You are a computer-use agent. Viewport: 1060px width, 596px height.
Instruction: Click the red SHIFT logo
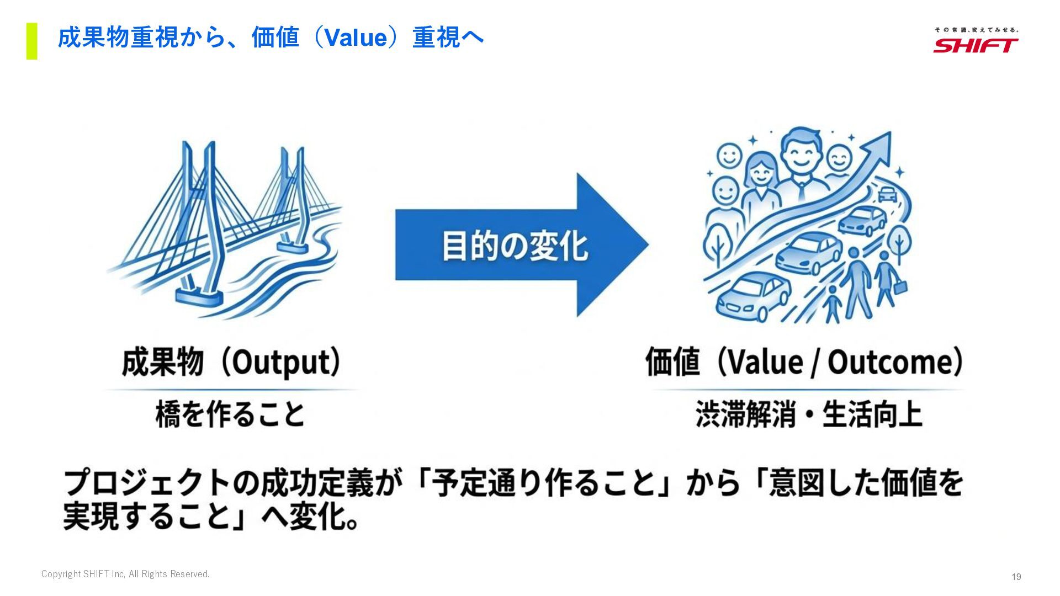pos(976,45)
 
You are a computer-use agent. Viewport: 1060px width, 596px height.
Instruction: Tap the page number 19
pos(1016,577)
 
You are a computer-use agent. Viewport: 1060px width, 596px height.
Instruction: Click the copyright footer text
pos(125,574)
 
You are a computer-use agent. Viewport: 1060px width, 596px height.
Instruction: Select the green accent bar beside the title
pos(32,41)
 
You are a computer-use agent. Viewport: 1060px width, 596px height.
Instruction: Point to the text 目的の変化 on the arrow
pos(515,246)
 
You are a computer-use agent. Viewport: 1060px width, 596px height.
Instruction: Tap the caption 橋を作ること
pos(230,414)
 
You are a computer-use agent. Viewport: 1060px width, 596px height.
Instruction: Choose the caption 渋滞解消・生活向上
pos(808,414)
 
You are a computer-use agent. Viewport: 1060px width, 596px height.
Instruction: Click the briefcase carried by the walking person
pos(900,288)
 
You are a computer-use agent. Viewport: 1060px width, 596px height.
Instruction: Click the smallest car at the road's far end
pos(887,194)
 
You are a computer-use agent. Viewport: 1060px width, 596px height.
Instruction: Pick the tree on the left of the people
pos(718,243)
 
